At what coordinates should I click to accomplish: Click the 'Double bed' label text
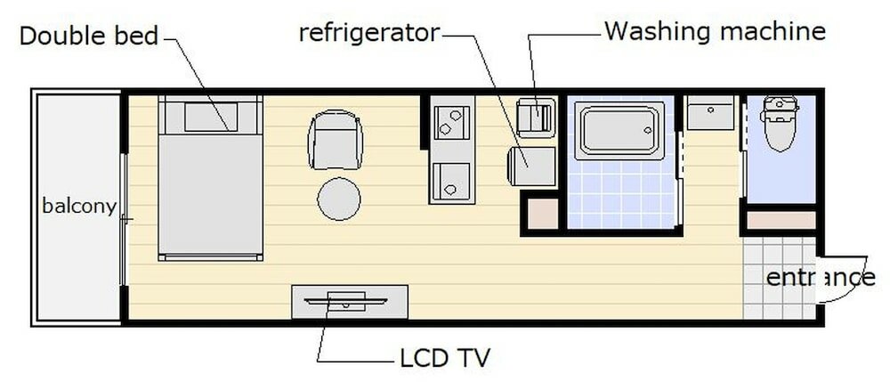[x=88, y=36]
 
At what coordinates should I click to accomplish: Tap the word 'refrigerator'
[x=369, y=33]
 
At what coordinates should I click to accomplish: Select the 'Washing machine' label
[x=715, y=31]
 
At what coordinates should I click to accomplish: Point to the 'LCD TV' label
[x=444, y=358]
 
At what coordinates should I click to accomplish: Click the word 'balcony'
[x=79, y=206]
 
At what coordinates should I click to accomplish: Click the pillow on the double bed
[x=211, y=117]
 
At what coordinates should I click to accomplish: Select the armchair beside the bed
[x=335, y=140]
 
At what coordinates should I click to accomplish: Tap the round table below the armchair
[x=339, y=199]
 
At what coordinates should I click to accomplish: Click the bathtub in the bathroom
[x=619, y=131]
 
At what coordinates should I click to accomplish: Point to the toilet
[x=780, y=123]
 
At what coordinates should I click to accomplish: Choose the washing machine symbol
[x=536, y=118]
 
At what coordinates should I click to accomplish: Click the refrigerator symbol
[x=531, y=167]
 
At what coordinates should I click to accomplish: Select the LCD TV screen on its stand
[x=345, y=301]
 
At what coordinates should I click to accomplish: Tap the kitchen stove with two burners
[x=452, y=122]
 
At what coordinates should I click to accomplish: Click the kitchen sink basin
[x=452, y=181]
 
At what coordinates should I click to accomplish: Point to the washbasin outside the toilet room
[x=710, y=112]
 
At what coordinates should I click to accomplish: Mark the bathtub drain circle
[x=648, y=130]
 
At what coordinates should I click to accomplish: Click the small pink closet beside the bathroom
[x=543, y=215]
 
